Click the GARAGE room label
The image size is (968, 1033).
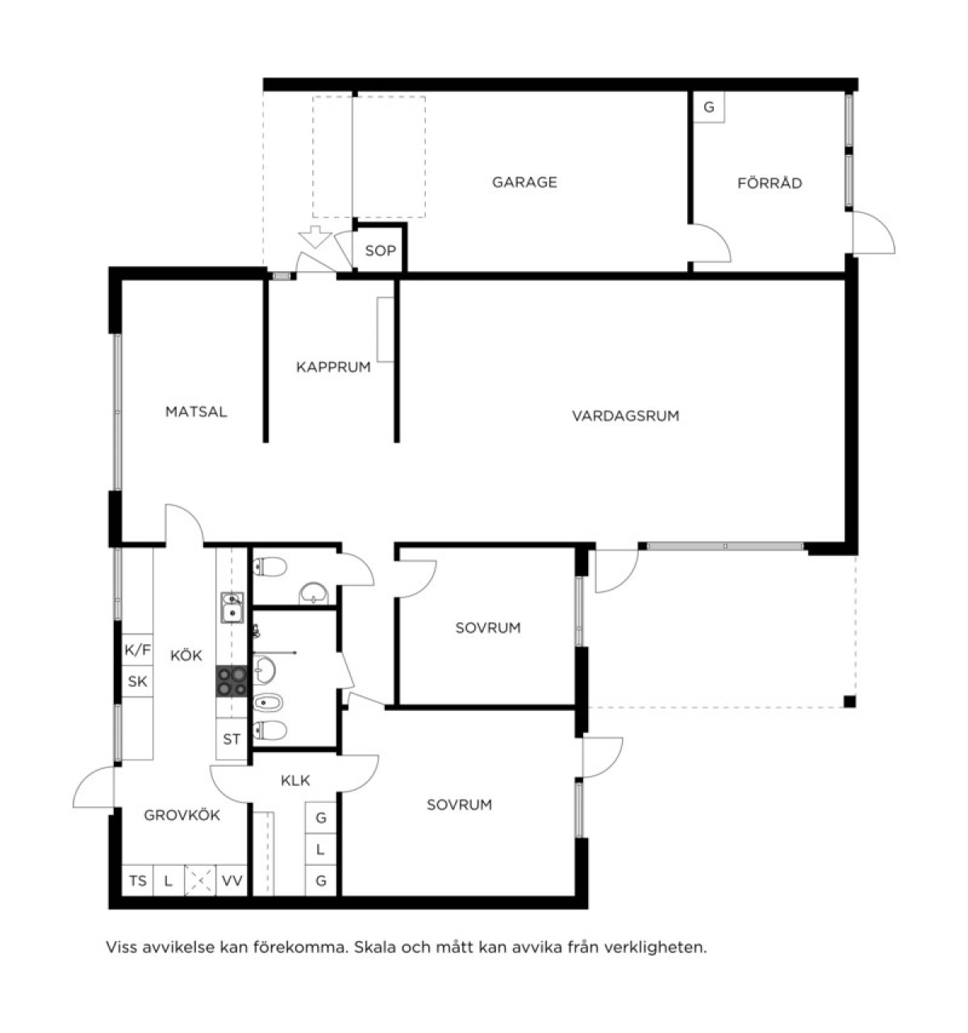tap(524, 182)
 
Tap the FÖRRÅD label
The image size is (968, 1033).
tap(770, 182)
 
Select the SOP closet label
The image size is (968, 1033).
tap(380, 251)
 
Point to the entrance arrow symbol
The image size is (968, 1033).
tap(315, 236)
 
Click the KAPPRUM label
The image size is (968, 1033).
tap(333, 367)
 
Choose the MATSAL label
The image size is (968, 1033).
tap(196, 412)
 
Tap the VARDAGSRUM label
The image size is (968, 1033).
tap(625, 416)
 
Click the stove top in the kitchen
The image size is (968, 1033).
tap(232, 681)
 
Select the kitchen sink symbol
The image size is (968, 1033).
tap(232, 608)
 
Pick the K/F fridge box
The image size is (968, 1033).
tap(137, 650)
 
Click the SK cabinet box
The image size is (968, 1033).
tap(137, 681)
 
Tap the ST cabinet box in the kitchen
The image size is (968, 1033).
tap(232, 738)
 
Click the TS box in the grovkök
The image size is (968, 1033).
tap(137, 880)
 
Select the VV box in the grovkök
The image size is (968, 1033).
tap(232, 880)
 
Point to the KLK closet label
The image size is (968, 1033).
tap(295, 780)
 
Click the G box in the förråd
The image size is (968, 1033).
tap(708, 107)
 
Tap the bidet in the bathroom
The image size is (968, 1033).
tap(267, 703)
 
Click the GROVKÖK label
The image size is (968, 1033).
tap(181, 815)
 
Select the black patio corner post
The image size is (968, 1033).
tap(849, 701)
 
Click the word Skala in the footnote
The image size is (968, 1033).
tap(374, 947)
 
